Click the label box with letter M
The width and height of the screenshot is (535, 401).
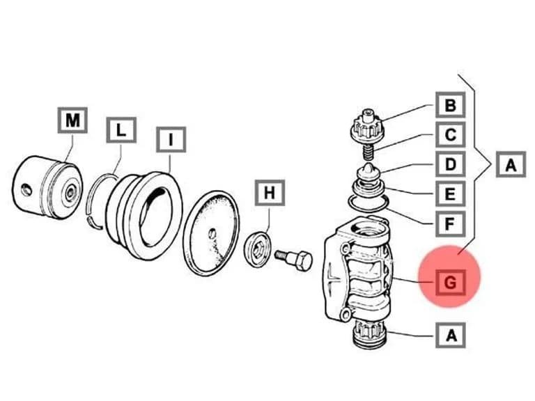pyautogui.click(x=72, y=120)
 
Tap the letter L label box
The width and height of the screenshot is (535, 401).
pyautogui.click(x=121, y=130)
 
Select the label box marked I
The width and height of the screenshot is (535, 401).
pyautogui.click(x=171, y=139)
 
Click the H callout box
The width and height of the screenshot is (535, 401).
pyautogui.click(x=270, y=193)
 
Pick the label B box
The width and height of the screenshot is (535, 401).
pyautogui.click(x=451, y=105)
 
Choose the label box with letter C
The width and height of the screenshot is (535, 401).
pyautogui.click(x=451, y=134)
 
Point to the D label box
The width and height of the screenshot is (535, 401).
pyautogui.click(x=451, y=164)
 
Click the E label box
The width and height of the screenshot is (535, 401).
pyautogui.click(x=451, y=194)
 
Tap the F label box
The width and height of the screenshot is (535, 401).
pyautogui.click(x=451, y=224)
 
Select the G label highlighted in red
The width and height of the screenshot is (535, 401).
pyautogui.click(x=451, y=283)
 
